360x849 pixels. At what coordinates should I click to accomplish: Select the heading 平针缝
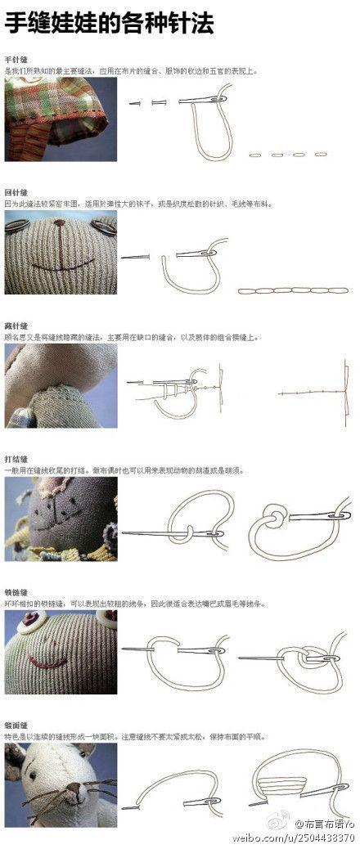pyautogui.click(x=16, y=60)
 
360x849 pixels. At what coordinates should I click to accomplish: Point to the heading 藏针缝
pyautogui.click(x=16, y=326)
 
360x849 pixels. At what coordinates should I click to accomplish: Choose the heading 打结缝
pyautogui.click(x=16, y=460)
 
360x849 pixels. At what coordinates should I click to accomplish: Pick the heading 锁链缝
pyautogui.click(x=16, y=592)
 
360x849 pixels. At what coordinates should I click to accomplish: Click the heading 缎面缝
pyautogui.click(x=16, y=725)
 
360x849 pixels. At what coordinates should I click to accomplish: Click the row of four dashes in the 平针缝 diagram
pyautogui.click(x=287, y=154)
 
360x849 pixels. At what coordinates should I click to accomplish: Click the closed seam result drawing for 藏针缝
pyautogui.click(x=317, y=393)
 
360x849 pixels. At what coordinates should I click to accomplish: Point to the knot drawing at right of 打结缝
pyautogui.click(x=299, y=523)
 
